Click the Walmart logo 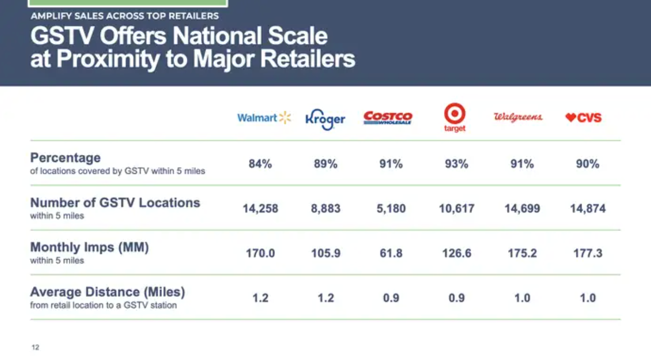pyautogui.click(x=264, y=118)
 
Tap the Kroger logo pyautogui.click(x=325, y=119)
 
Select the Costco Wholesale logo pyautogui.click(x=388, y=118)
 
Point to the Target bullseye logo pyautogui.click(x=455, y=117)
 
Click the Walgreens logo pyautogui.click(x=518, y=117)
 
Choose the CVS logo pyautogui.click(x=583, y=118)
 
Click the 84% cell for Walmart pyautogui.click(x=260, y=164)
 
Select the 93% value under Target pyautogui.click(x=456, y=164)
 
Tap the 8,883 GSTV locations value pyautogui.click(x=325, y=209)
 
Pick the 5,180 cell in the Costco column pyautogui.click(x=391, y=209)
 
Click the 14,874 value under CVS pyautogui.click(x=588, y=209)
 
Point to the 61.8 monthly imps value pyautogui.click(x=391, y=253)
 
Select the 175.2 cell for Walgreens pyautogui.click(x=522, y=253)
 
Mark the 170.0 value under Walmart pyautogui.click(x=260, y=253)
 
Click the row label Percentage pyautogui.click(x=65, y=158)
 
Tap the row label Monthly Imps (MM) pyautogui.click(x=89, y=247)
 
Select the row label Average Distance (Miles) pyautogui.click(x=108, y=292)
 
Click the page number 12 pyautogui.click(x=35, y=347)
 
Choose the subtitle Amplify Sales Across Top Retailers pyautogui.click(x=124, y=16)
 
